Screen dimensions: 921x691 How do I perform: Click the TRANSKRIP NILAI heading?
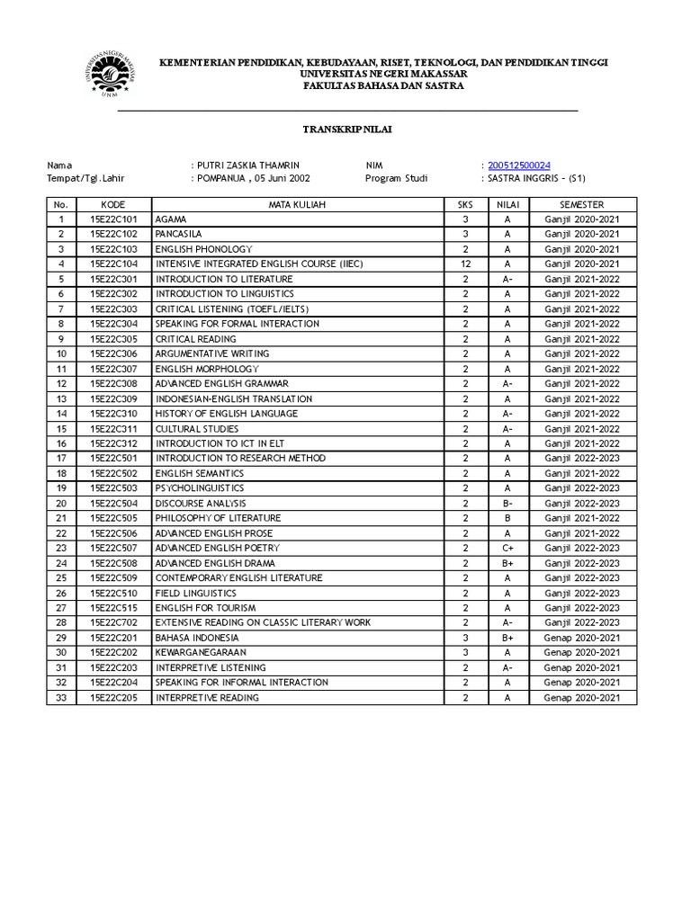tap(346, 130)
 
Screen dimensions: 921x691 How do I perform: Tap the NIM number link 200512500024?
tap(519, 165)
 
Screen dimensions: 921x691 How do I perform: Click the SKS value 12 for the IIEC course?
tap(465, 264)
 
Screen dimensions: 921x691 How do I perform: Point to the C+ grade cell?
tap(507, 548)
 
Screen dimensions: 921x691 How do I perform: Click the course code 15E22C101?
tap(113, 219)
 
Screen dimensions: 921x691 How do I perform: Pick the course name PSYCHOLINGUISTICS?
tap(199, 488)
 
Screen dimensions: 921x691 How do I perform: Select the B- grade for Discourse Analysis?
tap(507, 504)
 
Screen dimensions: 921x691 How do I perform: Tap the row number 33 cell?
tap(61, 697)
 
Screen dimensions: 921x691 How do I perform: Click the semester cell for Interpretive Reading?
tap(582, 697)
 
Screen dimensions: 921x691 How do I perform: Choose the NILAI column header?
tap(507, 204)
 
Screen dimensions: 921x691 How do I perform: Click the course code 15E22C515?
tap(113, 608)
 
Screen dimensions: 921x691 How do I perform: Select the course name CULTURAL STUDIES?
tap(193, 429)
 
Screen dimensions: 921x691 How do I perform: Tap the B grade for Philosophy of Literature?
tap(507, 518)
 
